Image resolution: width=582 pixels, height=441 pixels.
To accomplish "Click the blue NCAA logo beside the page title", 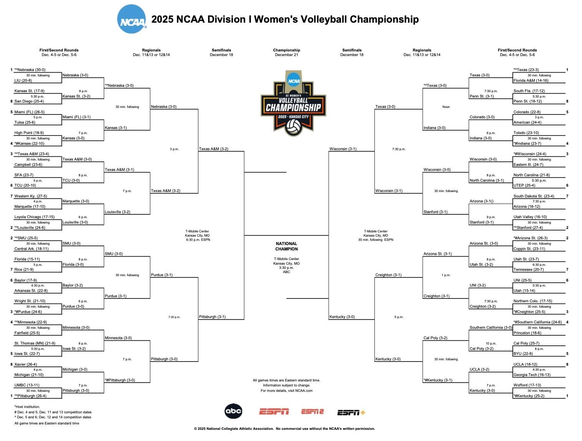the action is pos(132,19).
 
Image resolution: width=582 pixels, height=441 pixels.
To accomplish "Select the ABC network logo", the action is pos(233,411).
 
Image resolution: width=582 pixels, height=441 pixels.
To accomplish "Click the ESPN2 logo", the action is pos(312,411).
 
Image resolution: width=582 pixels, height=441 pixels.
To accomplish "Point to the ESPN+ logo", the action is pos(351,412).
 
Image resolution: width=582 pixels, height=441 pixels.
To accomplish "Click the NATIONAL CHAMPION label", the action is pos(286,246).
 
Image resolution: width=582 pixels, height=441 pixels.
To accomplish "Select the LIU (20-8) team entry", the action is pos(23,81).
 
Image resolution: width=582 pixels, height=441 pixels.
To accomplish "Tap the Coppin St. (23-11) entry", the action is pos(529,249).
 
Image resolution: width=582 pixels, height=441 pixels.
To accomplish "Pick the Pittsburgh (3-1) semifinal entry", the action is pos(212,317).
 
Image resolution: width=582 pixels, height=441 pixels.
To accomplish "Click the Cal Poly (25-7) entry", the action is pos(526,343).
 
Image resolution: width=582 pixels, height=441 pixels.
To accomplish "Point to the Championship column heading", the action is pos(286,50).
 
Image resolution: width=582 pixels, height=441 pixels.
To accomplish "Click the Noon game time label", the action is pos(446,107).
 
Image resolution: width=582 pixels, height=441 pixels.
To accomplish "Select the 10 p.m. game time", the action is pos(491,343).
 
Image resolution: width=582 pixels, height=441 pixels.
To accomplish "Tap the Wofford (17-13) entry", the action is pos(527,385).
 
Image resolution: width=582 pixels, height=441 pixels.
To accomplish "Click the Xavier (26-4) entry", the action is pos(26,364).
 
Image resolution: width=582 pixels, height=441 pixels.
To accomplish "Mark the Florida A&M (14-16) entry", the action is pos(530,81).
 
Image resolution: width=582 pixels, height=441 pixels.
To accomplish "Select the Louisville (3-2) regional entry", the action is pos(117,212).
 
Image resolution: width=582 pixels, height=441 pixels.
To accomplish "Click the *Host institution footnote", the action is pos(27,406).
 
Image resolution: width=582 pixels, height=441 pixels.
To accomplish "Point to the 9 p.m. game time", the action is pos(491,217).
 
